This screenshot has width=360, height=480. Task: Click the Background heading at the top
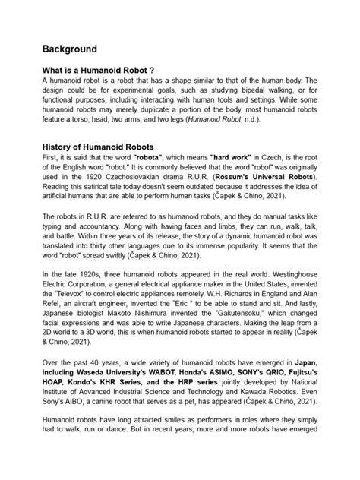pyautogui.click(x=70, y=49)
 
